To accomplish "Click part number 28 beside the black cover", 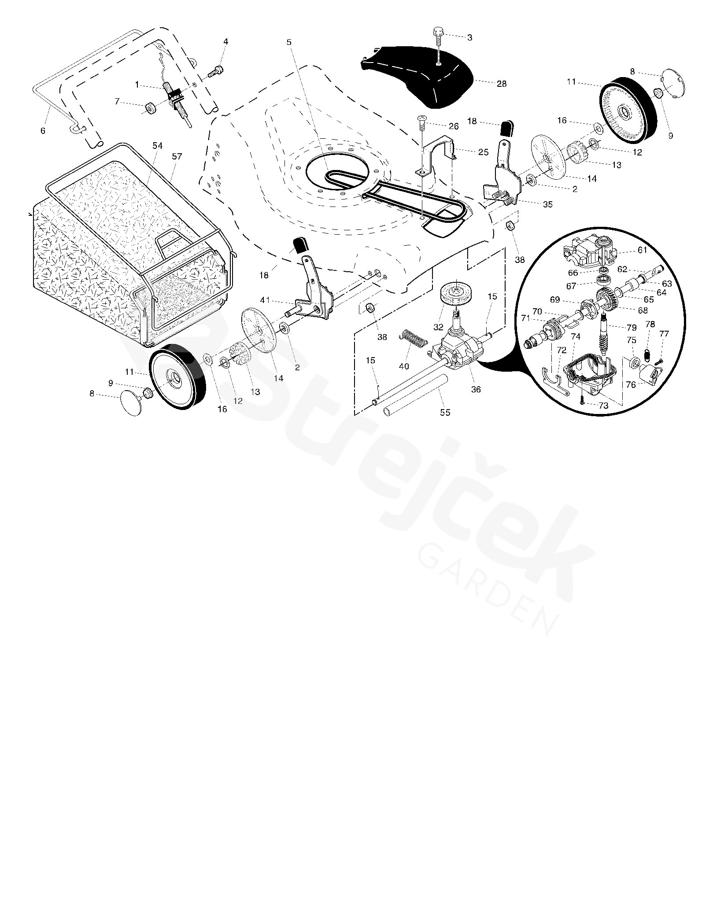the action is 502,84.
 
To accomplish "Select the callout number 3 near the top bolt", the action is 469,38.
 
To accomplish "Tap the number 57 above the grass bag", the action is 177,156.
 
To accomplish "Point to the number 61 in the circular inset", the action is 643,250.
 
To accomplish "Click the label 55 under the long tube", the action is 445,413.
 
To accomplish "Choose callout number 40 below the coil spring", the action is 403,366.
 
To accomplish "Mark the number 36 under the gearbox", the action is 476,390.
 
